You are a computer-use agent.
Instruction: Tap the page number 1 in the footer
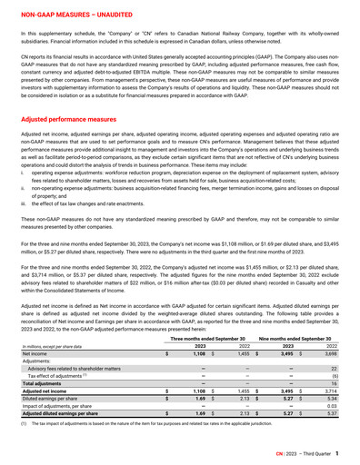pyautogui.click(x=338, y=452)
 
